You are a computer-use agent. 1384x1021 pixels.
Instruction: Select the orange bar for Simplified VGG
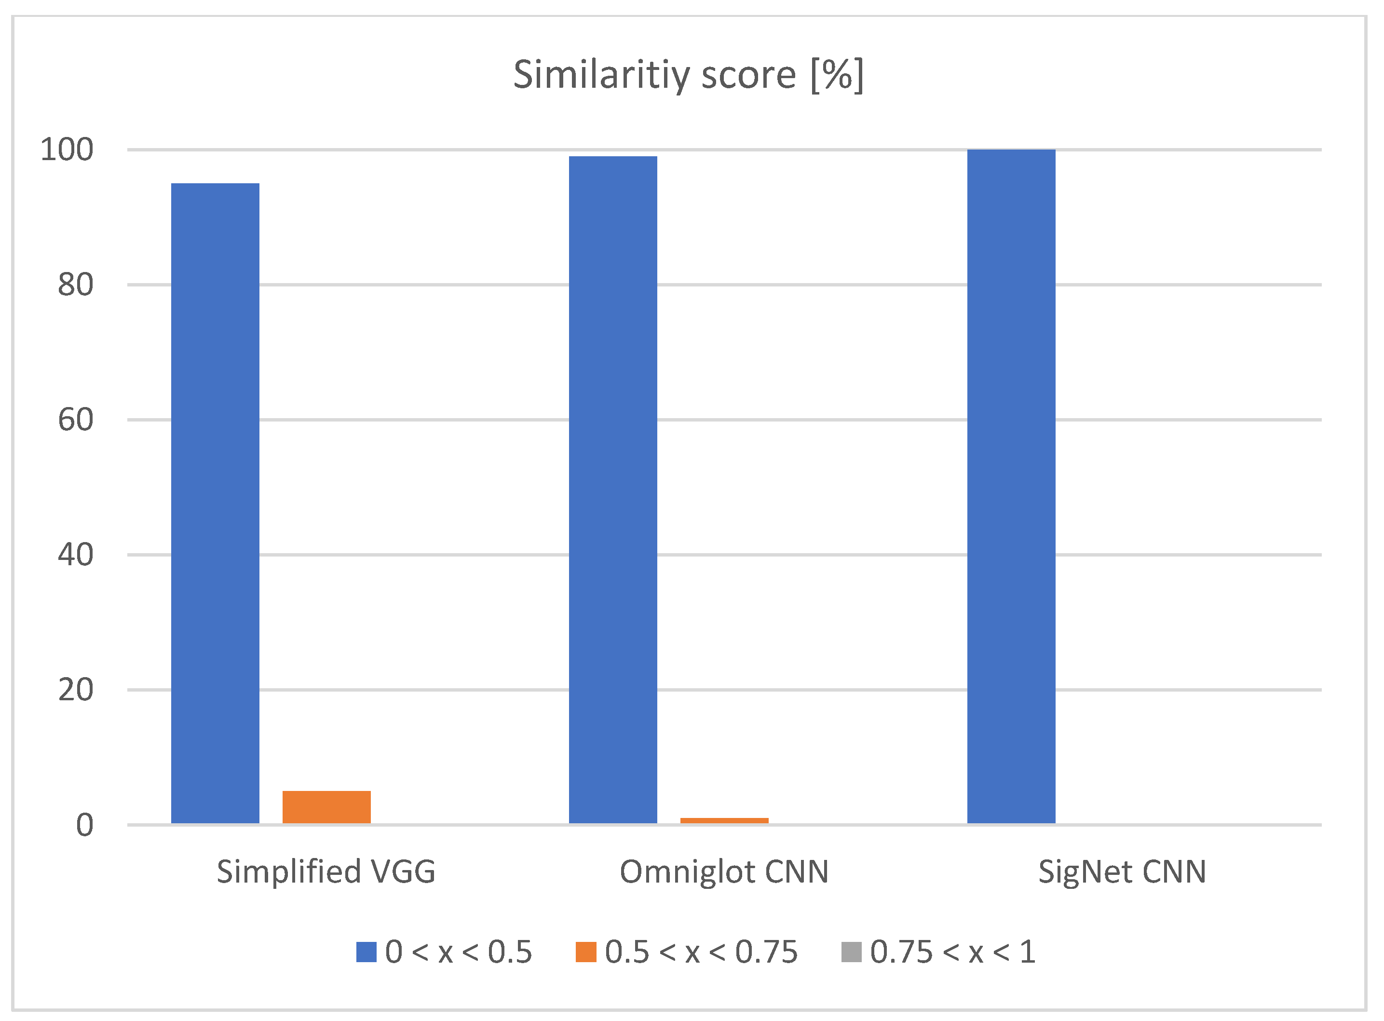326,807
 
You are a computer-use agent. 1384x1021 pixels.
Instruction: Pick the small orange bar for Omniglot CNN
724,821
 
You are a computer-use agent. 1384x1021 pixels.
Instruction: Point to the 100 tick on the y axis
67,150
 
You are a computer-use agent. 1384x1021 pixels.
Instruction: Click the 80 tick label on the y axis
75,285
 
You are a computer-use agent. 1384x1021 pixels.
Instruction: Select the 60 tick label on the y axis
75,420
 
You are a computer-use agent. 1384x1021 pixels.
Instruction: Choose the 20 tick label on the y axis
75,690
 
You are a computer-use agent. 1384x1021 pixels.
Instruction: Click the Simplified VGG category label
326,872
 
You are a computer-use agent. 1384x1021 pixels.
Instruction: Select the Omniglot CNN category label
724,872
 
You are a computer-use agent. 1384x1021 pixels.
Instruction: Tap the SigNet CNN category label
1122,872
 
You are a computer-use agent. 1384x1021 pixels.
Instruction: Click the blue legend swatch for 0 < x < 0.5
366,952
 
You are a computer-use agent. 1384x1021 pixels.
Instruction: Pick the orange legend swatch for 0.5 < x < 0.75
586,952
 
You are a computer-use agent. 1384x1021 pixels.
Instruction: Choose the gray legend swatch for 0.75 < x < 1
852,952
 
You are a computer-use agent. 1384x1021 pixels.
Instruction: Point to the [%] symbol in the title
837,75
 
